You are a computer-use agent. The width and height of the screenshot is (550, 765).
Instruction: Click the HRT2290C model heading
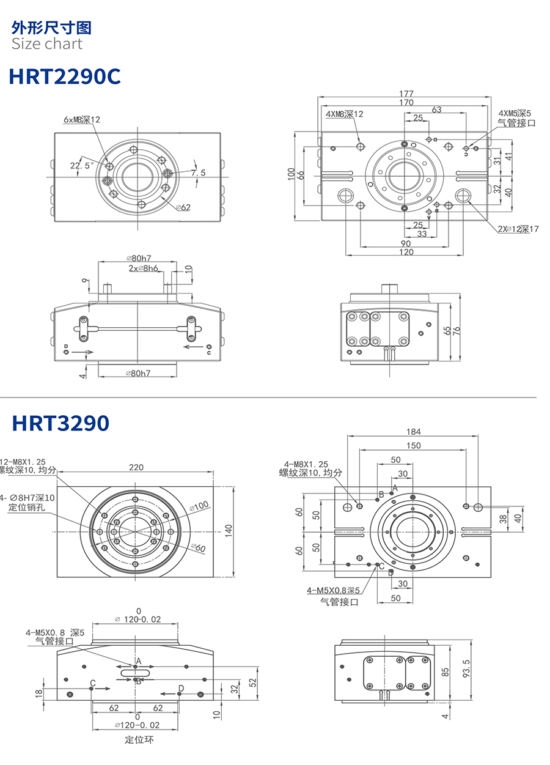pyautogui.click(x=65, y=76)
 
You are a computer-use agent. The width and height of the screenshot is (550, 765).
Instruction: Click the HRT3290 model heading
pyautogui.click(x=61, y=423)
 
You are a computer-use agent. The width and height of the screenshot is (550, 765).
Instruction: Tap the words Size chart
pyautogui.click(x=46, y=43)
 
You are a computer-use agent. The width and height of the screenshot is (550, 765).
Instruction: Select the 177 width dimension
pyautogui.click(x=406, y=93)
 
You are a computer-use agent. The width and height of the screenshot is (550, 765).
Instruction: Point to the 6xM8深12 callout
pyautogui.click(x=82, y=119)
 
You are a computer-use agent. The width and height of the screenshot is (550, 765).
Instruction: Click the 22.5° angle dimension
pyautogui.click(x=81, y=166)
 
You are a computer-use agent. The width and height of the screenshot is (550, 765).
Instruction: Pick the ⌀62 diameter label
pyautogui.click(x=183, y=207)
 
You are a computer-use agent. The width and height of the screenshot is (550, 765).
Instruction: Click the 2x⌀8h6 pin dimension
pyautogui.click(x=143, y=268)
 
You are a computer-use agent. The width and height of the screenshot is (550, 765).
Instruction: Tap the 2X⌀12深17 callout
pyautogui.click(x=518, y=229)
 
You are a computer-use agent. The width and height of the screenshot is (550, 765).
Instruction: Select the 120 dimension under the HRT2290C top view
pyautogui.click(x=406, y=252)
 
